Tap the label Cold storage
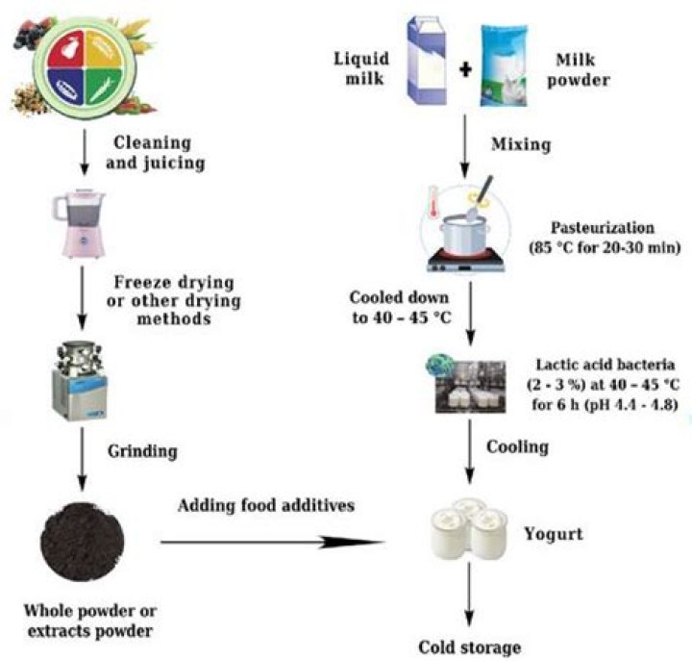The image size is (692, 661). click(469, 645)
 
